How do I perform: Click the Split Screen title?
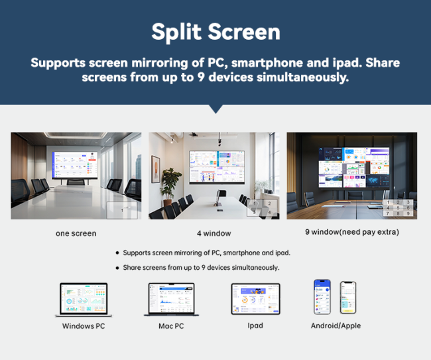tap(215, 31)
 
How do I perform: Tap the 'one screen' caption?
tap(76, 233)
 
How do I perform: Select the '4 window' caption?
tap(214, 233)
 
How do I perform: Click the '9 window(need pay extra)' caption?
tap(352, 232)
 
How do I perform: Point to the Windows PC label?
tap(83, 326)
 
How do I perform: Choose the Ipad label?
tap(255, 326)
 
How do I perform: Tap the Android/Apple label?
tap(336, 326)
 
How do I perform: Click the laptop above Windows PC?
tap(83, 299)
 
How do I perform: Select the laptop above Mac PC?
tap(170, 299)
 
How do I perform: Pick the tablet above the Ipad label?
tap(255, 299)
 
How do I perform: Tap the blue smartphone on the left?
tap(323, 296)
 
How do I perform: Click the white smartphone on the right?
tap(348, 298)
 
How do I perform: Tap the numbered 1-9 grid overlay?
tap(399, 208)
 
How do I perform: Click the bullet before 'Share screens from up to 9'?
tap(117, 268)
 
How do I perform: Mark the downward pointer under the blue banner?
tap(215, 109)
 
